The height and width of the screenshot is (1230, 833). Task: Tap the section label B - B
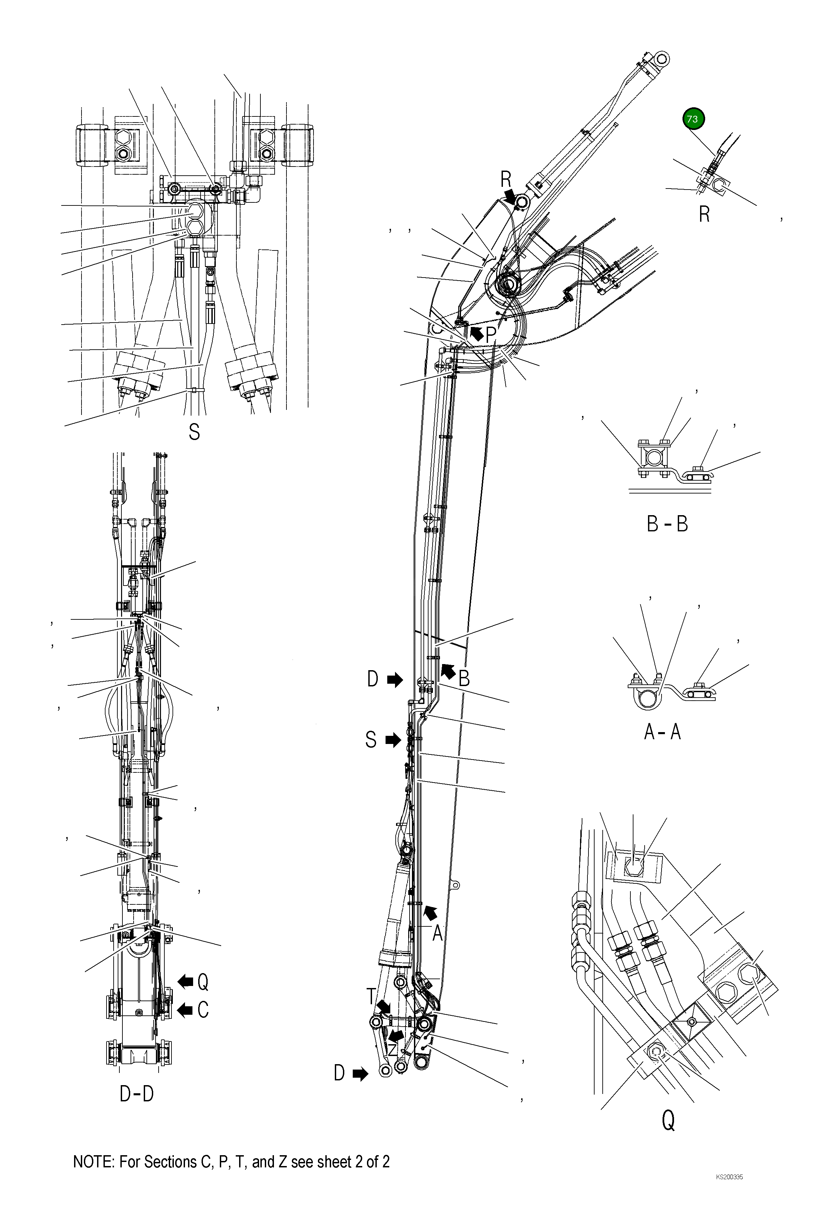(667, 524)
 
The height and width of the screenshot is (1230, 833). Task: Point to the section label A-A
(662, 731)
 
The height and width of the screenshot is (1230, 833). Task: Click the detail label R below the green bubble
(704, 214)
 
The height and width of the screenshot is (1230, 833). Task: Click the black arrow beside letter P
(477, 333)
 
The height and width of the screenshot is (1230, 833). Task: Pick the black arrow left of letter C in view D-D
(185, 1010)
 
